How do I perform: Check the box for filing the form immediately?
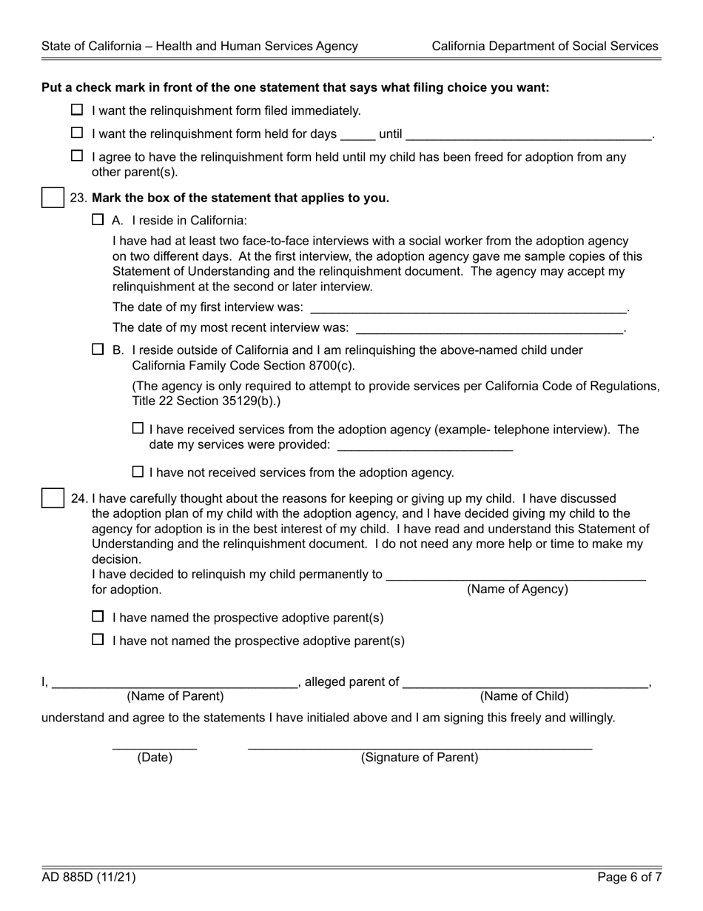tap(77, 110)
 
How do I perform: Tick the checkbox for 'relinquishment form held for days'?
tap(77, 133)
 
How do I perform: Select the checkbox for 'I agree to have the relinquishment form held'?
tap(77, 156)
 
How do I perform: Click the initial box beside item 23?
tap(53, 198)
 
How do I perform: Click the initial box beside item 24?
tap(53, 498)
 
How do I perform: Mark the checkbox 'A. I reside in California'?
tap(98, 219)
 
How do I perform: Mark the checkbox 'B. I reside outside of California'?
tap(98, 349)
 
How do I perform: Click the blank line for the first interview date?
tap(468, 307)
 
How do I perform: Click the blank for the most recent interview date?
tap(489, 328)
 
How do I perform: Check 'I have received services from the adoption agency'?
tap(138, 428)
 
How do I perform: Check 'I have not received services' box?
tap(138, 471)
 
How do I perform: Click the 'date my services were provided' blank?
tap(424, 445)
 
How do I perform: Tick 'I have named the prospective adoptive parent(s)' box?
tap(98, 616)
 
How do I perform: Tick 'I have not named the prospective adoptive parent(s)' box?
tap(98, 639)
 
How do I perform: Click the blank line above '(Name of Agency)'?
tap(516, 575)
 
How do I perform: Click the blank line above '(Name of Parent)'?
tap(175, 683)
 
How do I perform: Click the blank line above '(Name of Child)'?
tap(525, 683)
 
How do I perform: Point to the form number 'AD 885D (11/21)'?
tap(89, 878)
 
